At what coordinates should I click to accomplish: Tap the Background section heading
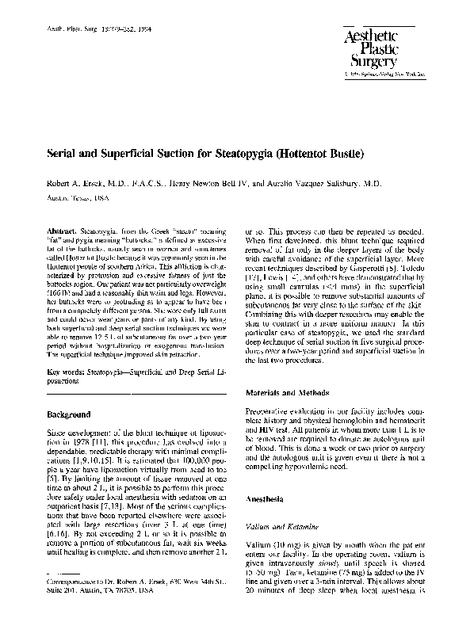click(x=69, y=414)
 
